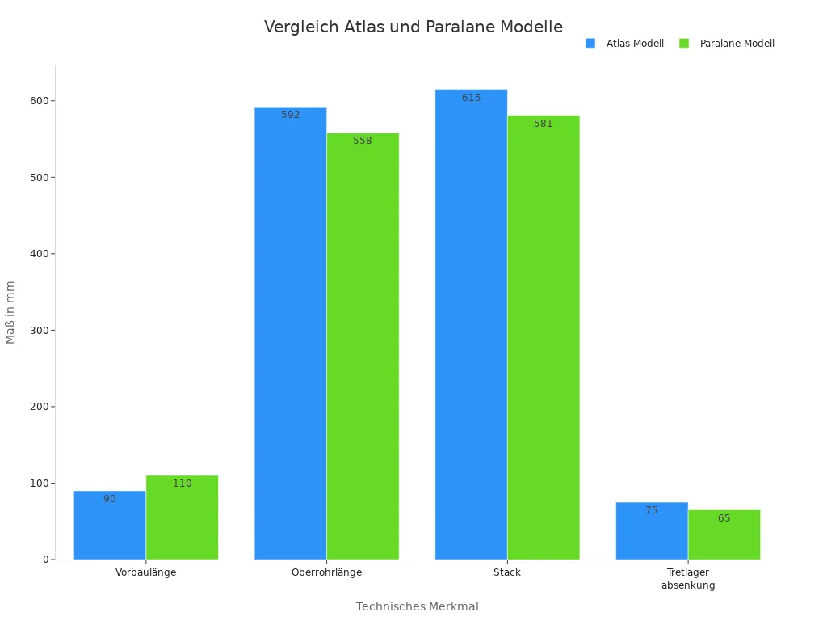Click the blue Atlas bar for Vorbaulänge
point(110,526)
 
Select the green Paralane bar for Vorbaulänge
point(182,517)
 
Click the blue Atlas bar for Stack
point(471,324)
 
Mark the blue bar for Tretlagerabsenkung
point(652,531)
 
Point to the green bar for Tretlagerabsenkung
point(724,534)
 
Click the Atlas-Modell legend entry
point(625,44)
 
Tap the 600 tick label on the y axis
point(38,101)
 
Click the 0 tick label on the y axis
point(46,560)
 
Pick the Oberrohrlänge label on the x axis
point(326,572)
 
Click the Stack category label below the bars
point(507,572)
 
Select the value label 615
point(471,98)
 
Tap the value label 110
point(182,484)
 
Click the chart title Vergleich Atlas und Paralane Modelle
point(413,27)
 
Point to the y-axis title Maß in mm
point(10,312)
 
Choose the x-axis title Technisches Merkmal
point(417,606)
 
